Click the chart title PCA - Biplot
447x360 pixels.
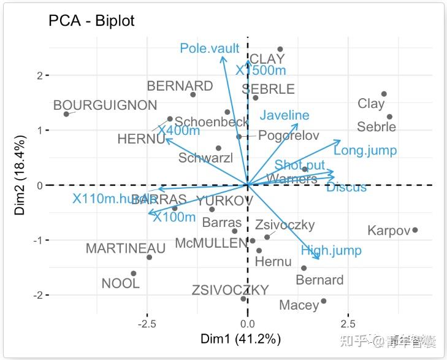(x=91, y=20)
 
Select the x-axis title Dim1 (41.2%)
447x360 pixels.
(x=241, y=339)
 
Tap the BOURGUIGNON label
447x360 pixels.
(x=105, y=105)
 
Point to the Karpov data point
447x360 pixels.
(x=415, y=230)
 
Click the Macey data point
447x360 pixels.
(x=324, y=301)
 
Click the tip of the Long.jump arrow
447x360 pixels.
(x=340, y=140)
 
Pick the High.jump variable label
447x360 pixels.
(x=331, y=250)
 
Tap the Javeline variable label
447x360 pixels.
(x=284, y=115)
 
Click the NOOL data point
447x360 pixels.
(x=134, y=274)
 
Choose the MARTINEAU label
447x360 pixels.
(x=126, y=248)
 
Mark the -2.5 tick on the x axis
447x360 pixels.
(x=147, y=323)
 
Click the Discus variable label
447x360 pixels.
(x=346, y=188)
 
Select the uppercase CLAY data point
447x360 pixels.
(x=280, y=49)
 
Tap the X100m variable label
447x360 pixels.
(x=174, y=217)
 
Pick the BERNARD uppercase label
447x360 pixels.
(x=180, y=86)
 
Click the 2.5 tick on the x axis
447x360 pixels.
(x=348, y=323)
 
